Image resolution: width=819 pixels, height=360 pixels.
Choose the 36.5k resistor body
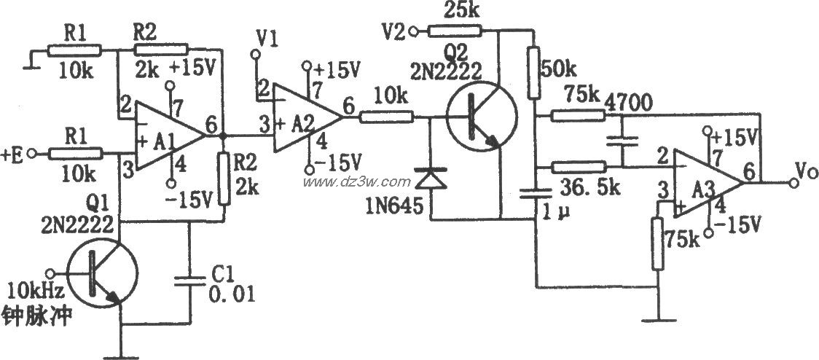pos(579,168)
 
